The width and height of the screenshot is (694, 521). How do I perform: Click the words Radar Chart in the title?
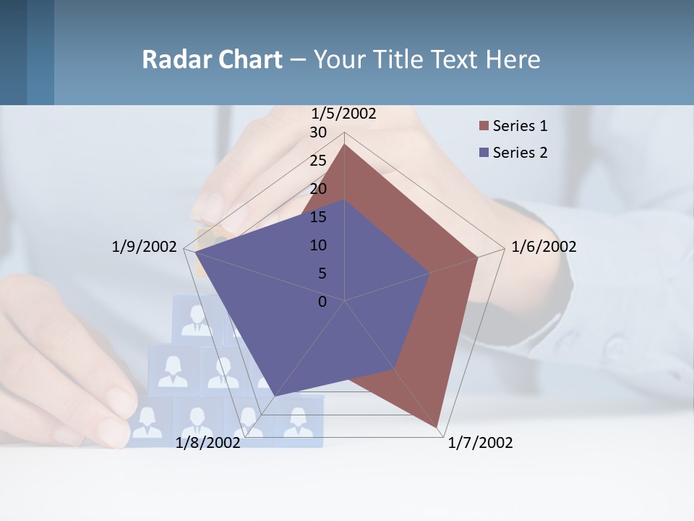click(212, 59)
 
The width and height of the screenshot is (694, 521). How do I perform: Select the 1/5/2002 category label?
click(344, 114)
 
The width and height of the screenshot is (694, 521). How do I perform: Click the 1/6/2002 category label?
click(544, 247)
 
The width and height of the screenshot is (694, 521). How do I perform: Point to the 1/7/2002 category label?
click(480, 443)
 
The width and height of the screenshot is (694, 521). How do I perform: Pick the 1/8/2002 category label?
click(208, 443)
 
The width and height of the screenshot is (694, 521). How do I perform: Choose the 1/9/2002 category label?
click(144, 247)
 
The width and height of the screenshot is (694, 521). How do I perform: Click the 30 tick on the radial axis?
click(318, 132)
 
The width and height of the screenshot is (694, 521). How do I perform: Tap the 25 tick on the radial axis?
click(318, 161)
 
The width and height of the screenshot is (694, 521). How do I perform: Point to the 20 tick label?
click(318, 189)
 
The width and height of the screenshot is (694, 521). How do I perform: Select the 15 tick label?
click(318, 217)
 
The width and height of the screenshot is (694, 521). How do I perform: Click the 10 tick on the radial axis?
click(318, 245)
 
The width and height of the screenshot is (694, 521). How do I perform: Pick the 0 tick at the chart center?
click(322, 302)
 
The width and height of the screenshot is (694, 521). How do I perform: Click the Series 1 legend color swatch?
click(484, 127)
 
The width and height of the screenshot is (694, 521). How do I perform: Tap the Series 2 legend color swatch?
click(484, 153)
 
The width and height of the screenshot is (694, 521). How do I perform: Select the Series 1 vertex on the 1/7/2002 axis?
click(437, 428)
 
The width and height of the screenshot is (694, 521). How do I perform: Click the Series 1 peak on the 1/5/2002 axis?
click(345, 144)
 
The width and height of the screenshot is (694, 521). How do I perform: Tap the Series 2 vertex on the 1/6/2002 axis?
click(430, 273)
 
